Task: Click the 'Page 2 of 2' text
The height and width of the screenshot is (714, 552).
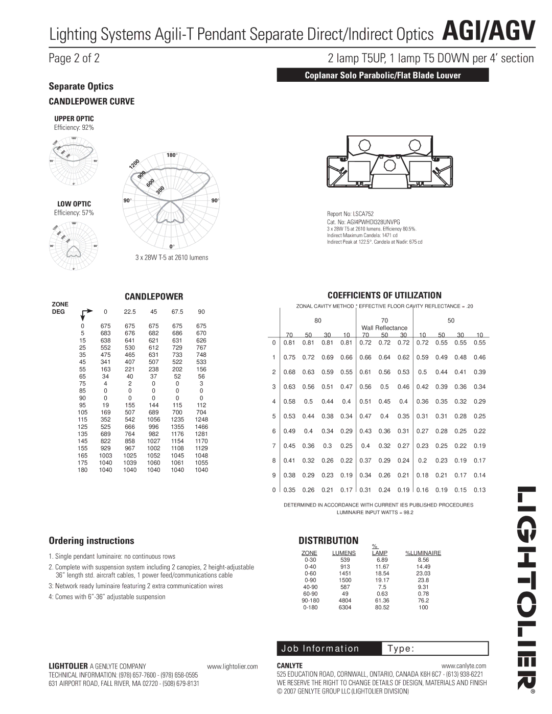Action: tap(74, 58)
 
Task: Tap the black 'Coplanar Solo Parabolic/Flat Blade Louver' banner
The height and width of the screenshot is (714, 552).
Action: tap(383, 75)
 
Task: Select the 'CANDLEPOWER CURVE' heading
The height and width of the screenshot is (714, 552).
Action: tap(91, 101)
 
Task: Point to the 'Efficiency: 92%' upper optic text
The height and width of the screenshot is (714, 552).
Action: tap(74, 127)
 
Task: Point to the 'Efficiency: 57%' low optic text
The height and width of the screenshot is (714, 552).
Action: tap(74, 213)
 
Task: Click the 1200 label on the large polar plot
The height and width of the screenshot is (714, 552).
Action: tap(134, 164)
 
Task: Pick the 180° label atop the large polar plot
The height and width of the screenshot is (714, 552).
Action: tap(172, 155)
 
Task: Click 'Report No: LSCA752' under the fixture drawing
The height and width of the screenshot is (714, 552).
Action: tap(350, 214)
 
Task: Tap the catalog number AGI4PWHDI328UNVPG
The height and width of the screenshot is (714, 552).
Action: tap(363, 222)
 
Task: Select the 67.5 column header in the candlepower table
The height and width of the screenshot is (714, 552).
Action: tap(177, 312)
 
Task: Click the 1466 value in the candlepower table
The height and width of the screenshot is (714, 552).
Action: tap(201, 426)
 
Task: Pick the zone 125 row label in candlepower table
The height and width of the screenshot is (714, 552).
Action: tap(82, 426)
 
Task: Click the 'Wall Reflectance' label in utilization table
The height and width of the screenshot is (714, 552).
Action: tap(384, 328)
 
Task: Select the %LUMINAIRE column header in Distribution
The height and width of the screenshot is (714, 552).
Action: tap(423, 553)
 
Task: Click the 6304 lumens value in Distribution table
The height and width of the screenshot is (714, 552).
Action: tap(345, 607)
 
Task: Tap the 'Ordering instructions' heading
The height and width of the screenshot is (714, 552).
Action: tap(91, 541)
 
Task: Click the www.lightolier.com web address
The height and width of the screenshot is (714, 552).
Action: tap(233, 666)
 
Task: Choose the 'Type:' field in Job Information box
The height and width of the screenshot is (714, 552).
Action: tap(401, 649)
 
